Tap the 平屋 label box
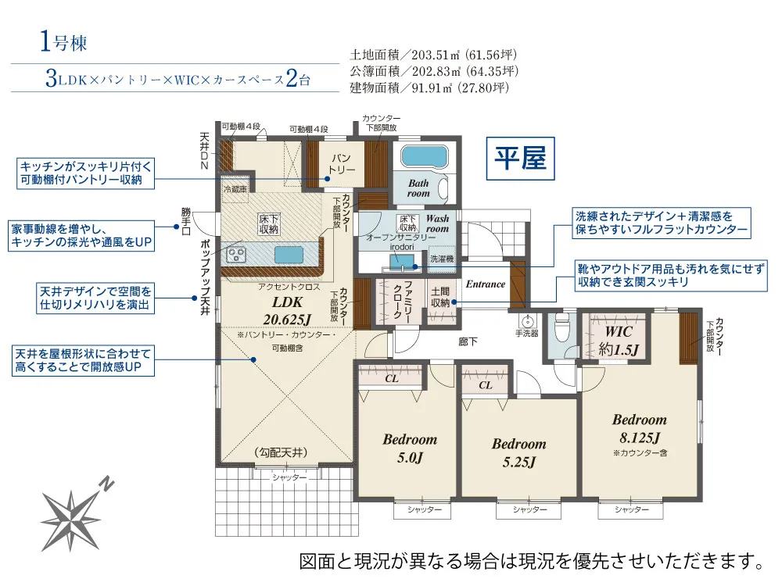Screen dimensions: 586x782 click(523, 159)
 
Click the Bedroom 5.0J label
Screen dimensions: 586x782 click(409, 448)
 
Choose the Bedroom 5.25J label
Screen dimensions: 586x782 click(518, 452)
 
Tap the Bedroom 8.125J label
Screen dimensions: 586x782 click(639, 428)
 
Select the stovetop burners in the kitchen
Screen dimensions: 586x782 click(236, 255)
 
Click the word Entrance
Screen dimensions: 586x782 click(486, 284)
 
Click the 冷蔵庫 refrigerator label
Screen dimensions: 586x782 click(235, 189)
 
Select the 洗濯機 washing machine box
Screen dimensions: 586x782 click(440, 259)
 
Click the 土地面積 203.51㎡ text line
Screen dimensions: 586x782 click(433, 55)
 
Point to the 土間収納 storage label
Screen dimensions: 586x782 click(440, 296)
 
